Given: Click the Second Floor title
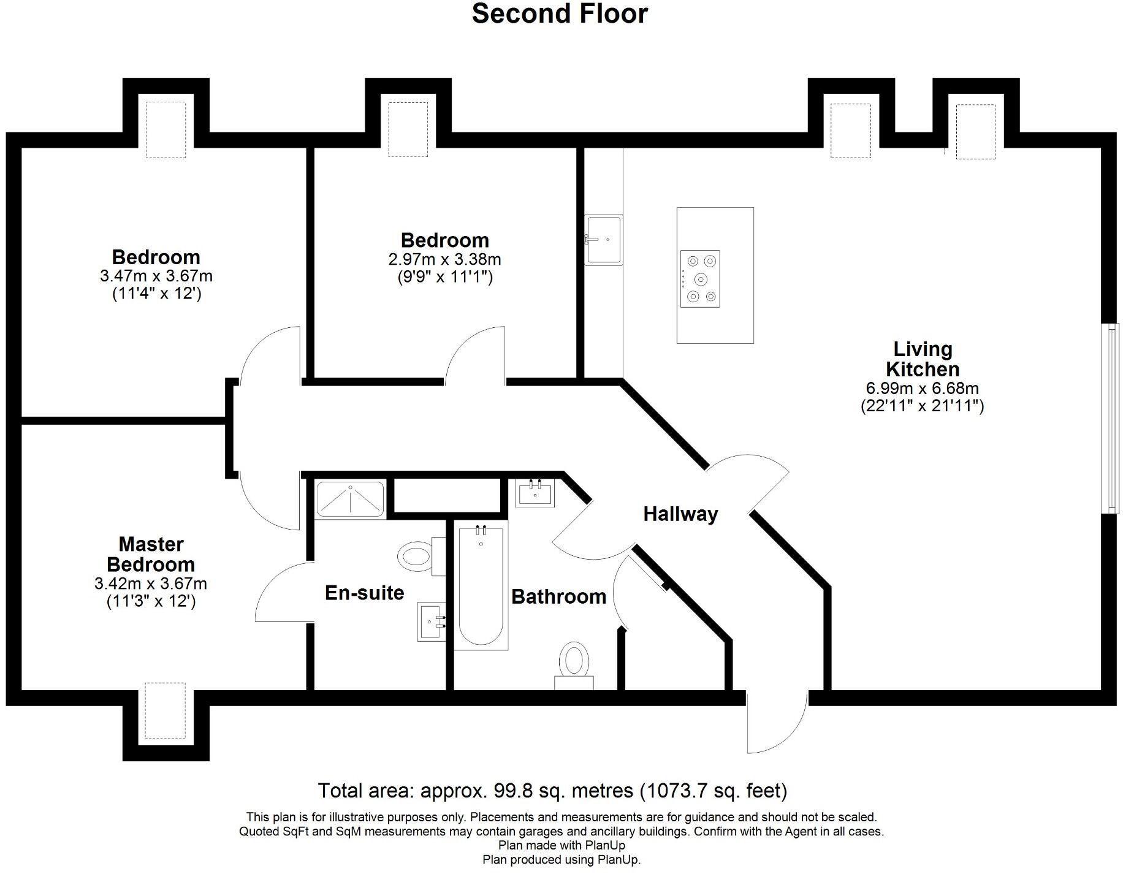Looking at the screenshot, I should [559, 13].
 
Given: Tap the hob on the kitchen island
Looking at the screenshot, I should [700, 279].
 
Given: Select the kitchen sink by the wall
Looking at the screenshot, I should [603, 240].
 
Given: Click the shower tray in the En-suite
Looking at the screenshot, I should [350, 498].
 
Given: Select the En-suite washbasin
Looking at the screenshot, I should [432, 621].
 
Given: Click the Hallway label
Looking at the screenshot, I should [680, 514].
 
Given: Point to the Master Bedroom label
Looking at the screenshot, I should [151, 554].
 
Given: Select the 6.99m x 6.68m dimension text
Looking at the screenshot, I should [922, 388].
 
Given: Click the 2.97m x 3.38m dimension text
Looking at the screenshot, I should [444, 259].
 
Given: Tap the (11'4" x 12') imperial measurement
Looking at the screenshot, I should [156, 294].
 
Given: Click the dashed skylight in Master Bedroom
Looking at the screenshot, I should [165, 711].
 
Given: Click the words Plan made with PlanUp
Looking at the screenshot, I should [561, 846].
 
